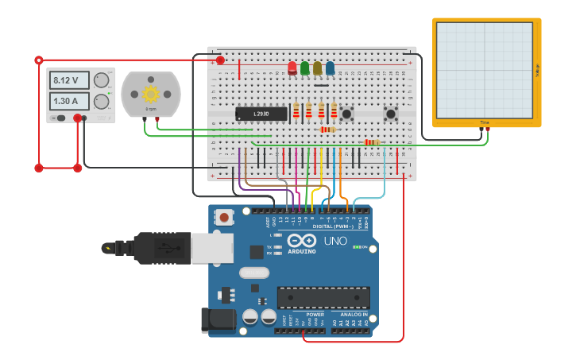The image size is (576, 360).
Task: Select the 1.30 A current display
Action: pyautogui.click(x=70, y=101)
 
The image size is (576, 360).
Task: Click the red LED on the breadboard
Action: pyautogui.click(x=292, y=68)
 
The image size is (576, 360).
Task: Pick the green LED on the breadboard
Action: pyautogui.click(x=305, y=68)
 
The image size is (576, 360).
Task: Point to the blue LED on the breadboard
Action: pyautogui.click(x=330, y=68)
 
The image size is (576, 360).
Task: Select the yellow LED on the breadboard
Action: pyautogui.click(x=317, y=68)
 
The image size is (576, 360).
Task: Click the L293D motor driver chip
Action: pyautogui.click(x=261, y=114)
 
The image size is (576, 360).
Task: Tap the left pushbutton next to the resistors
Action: pyautogui.click(x=347, y=114)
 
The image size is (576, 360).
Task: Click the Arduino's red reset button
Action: pyautogui.click(x=225, y=217)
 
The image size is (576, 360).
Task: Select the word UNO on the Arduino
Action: pyautogui.click(x=335, y=241)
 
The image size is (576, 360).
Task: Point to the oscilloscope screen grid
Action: pyautogui.click(x=484, y=70)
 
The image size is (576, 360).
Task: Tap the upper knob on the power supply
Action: pyautogui.click(x=102, y=80)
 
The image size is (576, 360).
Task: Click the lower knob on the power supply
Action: pyautogui.click(x=102, y=101)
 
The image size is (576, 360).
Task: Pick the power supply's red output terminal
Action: pyautogui.click(x=78, y=118)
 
